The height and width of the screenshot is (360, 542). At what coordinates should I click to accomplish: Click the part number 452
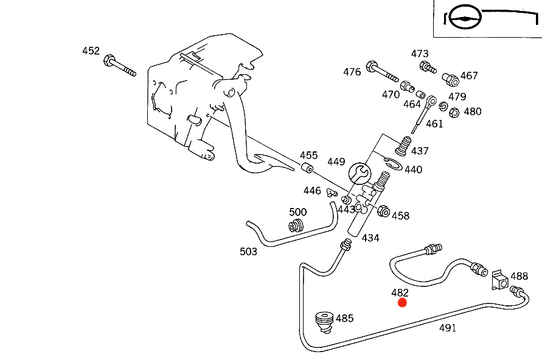point(91,51)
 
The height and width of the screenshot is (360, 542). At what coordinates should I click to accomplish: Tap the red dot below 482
point(402,302)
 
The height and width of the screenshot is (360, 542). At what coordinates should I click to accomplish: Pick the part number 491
point(448,328)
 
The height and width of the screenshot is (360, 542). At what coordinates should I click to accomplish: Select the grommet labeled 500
point(297,226)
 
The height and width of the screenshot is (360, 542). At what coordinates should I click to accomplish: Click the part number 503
point(248,251)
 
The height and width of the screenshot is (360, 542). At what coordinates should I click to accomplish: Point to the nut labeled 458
point(384,212)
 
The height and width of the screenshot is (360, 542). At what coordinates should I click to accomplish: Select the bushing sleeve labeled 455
point(308,168)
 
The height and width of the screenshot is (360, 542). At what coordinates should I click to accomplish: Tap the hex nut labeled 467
point(450,78)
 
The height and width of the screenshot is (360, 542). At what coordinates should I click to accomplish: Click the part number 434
point(370,238)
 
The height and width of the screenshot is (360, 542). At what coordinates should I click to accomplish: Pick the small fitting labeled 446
point(332,193)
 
